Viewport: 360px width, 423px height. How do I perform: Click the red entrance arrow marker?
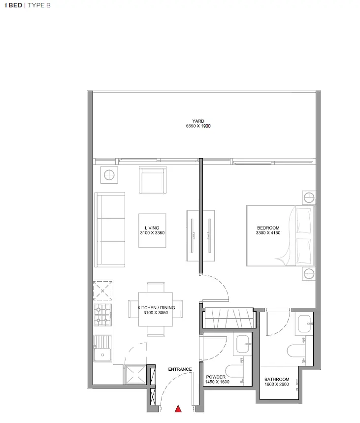pyautogui.click(x=178, y=408)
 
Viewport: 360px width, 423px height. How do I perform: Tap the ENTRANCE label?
pyautogui.click(x=179, y=369)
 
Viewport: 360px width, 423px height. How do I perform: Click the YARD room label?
pyautogui.click(x=198, y=121)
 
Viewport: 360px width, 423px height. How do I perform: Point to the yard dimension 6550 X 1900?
pyautogui.click(x=198, y=127)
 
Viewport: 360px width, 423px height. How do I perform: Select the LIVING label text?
pyautogui.click(x=152, y=228)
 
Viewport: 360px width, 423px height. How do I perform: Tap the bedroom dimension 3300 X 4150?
pyautogui.click(x=268, y=233)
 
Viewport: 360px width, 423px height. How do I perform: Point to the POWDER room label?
pyautogui.click(x=216, y=377)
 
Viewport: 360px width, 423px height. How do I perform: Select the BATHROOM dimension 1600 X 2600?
pyautogui.click(x=277, y=384)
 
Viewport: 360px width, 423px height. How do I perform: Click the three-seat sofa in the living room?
pyautogui.click(x=110, y=229)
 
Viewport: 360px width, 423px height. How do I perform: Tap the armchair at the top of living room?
pyautogui.click(x=154, y=180)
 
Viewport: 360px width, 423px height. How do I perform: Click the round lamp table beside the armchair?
pyautogui.click(x=109, y=175)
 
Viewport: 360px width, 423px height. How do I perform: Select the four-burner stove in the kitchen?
pyautogui.click(x=103, y=315)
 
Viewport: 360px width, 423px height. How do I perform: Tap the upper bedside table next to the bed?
pyautogui.click(x=308, y=198)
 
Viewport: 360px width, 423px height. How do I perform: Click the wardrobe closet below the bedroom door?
pyautogui.click(x=229, y=318)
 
